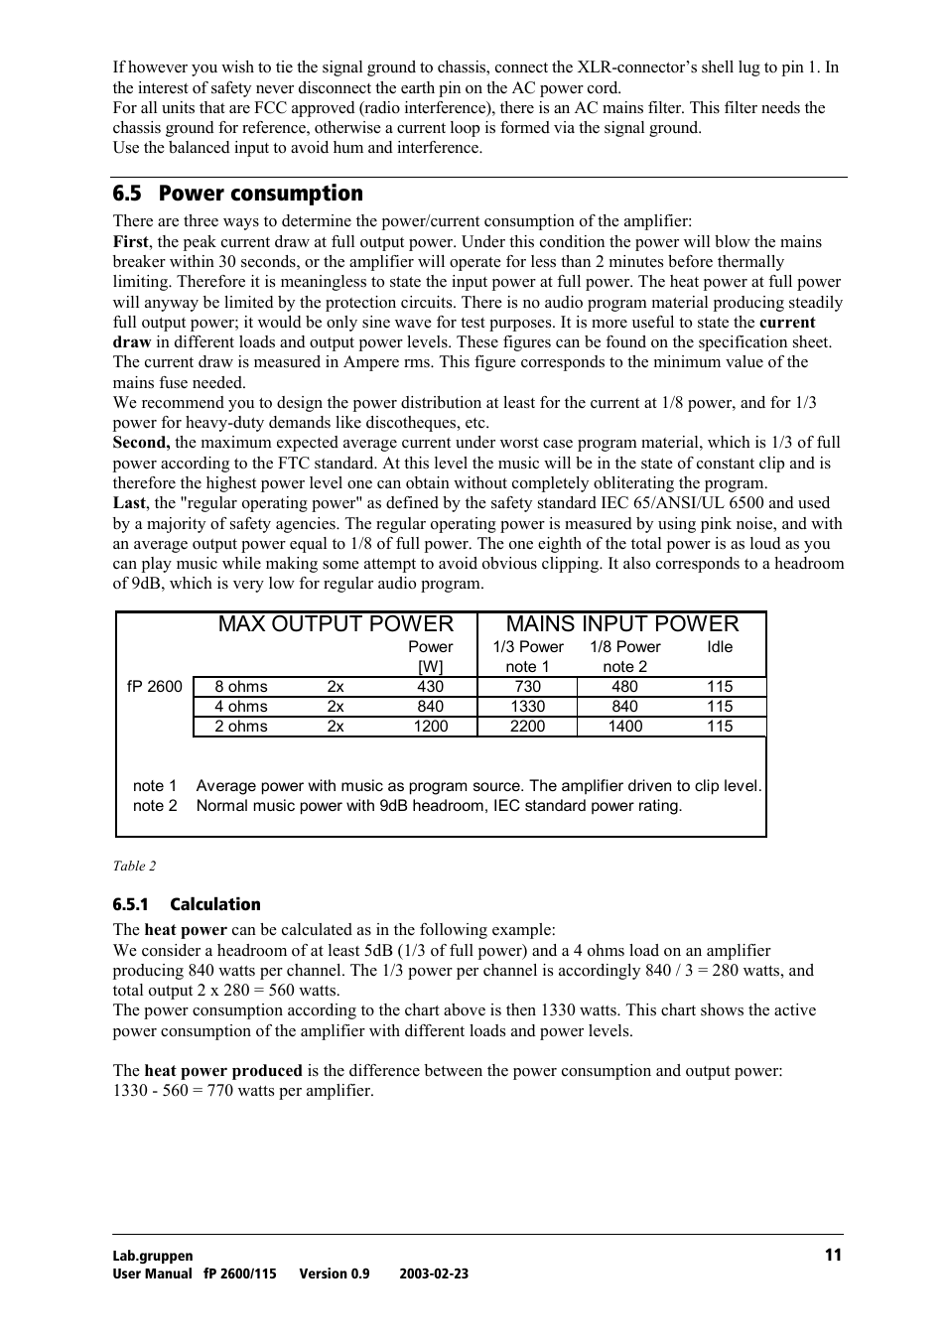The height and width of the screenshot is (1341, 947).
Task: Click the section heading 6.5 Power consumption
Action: click(x=237, y=194)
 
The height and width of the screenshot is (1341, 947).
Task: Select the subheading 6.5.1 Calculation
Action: click(x=187, y=904)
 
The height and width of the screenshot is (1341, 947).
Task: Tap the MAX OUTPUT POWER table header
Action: click(x=336, y=624)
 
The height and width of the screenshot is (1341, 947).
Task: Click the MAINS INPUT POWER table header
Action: click(x=622, y=624)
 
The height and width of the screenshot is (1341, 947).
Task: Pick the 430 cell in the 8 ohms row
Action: click(x=430, y=687)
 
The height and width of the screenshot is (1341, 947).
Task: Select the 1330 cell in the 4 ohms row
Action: click(x=527, y=707)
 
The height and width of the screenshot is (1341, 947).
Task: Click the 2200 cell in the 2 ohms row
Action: click(x=527, y=727)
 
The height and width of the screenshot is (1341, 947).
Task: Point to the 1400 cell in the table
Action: click(x=624, y=727)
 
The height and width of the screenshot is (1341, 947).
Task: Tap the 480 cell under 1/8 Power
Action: click(x=624, y=687)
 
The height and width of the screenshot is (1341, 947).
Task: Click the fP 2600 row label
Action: click(x=155, y=687)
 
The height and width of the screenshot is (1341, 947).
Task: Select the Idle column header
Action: click(x=720, y=647)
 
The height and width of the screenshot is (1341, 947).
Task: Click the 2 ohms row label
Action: click(x=241, y=727)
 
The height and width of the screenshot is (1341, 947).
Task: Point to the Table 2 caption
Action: click(x=134, y=867)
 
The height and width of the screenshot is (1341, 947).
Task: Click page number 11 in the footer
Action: click(x=833, y=1255)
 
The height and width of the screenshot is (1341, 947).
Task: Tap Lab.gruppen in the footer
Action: click(x=153, y=1256)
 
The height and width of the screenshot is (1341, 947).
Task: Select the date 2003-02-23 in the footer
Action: click(x=434, y=1274)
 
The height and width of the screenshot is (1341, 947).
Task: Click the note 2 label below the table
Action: click(x=155, y=806)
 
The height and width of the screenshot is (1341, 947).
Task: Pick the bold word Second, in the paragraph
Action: click(x=141, y=443)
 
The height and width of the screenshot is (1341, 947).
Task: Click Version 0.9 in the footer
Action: click(x=334, y=1274)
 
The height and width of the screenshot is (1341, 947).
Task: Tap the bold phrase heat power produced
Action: click(x=222, y=1071)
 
